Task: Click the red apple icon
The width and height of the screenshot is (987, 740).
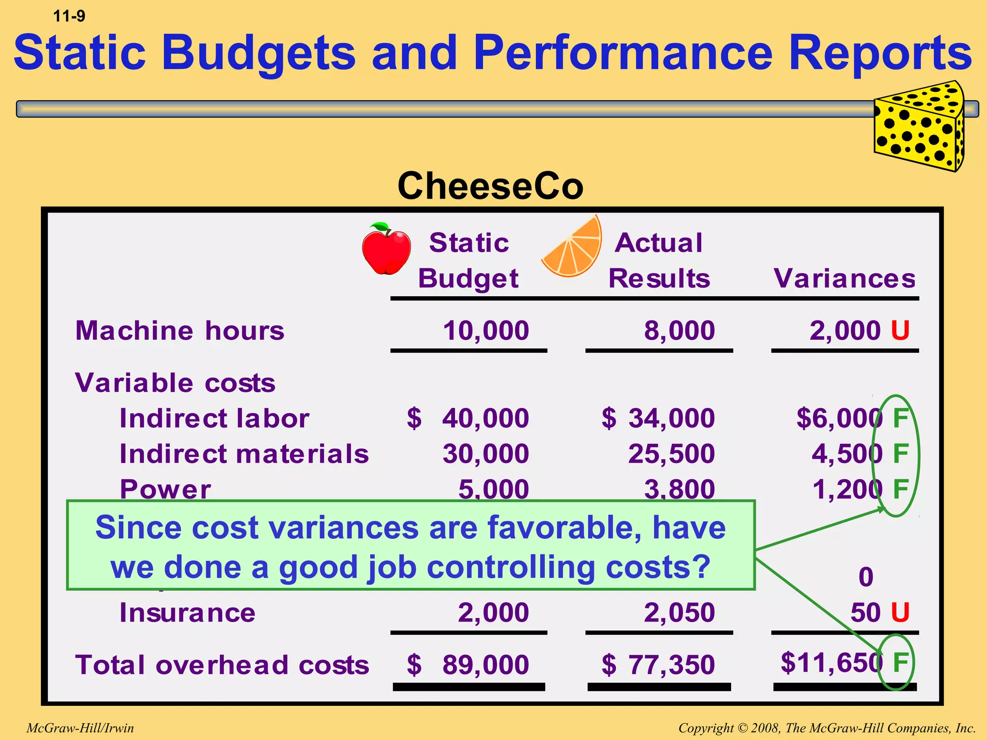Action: pyautogui.click(x=387, y=250)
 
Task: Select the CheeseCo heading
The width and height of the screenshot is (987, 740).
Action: pyautogui.click(x=490, y=186)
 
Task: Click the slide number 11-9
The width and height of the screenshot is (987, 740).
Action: pyautogui.click(x=69, y=16)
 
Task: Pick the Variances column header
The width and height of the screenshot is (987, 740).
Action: pyautogui.click(x=844, y=278)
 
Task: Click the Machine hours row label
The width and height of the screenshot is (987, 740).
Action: pyautogui.click(x=180, y=330)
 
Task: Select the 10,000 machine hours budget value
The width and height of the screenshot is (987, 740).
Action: pyautogui.click(x=485, y=330)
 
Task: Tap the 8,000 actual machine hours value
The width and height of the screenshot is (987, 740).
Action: pyautogui.click(x=679, y=330)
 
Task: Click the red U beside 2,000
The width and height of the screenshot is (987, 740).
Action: pyautogui.click(x=900, y=330)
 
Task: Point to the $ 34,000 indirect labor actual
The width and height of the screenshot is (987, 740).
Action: pyautogui.click(x=658, y=418)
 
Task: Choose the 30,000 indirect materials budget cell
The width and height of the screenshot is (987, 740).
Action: pyautogui.click(x=485, y=453)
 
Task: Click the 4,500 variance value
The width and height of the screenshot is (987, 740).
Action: pyautogui.click(x=847, y=453)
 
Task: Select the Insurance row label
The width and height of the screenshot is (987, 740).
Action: pyautogui.click(x=187, y=612)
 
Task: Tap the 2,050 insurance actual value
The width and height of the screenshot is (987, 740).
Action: pyautogui.click(x=679, y=612)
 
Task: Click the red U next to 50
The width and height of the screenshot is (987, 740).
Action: pyautogui.click(x=900, y=612)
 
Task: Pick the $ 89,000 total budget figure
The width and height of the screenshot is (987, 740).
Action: pyautogui.click(x=468, y=664)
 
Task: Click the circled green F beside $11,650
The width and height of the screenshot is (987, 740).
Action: pyautogui.click(x=900, y=662)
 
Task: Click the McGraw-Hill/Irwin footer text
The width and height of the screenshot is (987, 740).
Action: pyautogui.click(x=80, y=727)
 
